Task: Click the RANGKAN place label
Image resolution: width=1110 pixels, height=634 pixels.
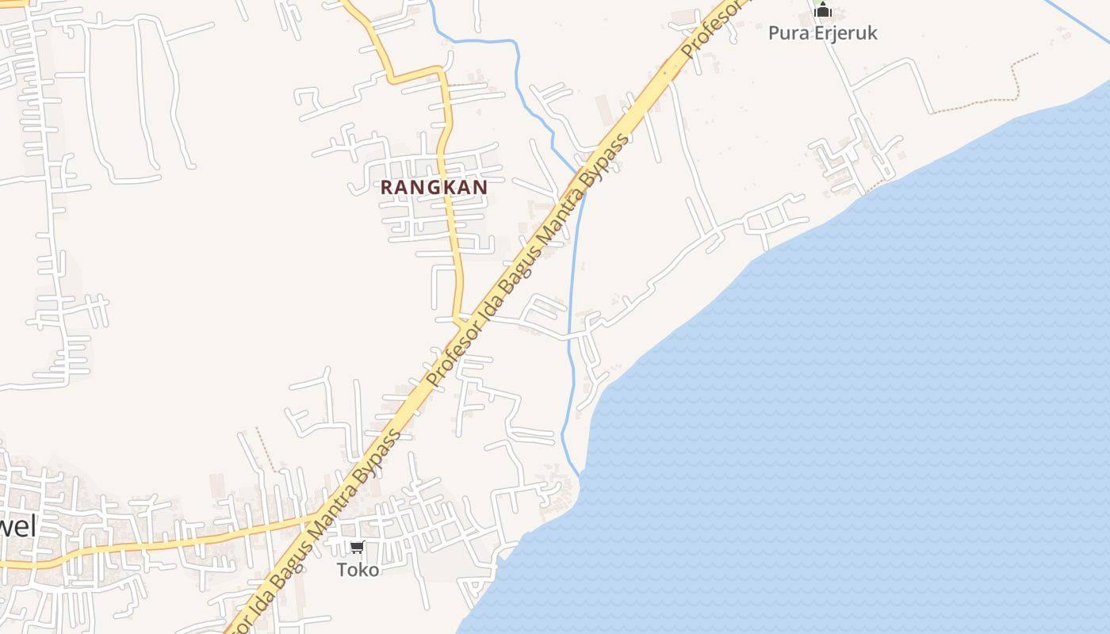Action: point(434,187)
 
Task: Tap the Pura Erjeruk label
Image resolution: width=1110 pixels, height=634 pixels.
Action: point(822,33)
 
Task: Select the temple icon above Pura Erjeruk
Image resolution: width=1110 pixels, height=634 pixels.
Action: point(823,10)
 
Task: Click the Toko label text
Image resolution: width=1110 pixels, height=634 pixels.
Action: point(358,569)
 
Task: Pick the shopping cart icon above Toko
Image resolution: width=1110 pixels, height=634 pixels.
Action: point(358,547)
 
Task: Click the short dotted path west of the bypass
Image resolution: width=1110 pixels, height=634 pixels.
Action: point(268,452)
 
